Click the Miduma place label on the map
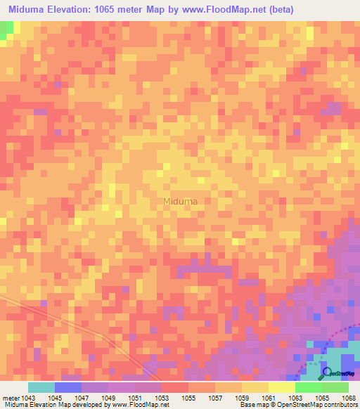(180, 201)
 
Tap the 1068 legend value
(348, 397)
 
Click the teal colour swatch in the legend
(41, 387)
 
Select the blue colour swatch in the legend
(68, 387)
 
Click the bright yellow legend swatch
(282, 387)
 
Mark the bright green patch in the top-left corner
(6, 30)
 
